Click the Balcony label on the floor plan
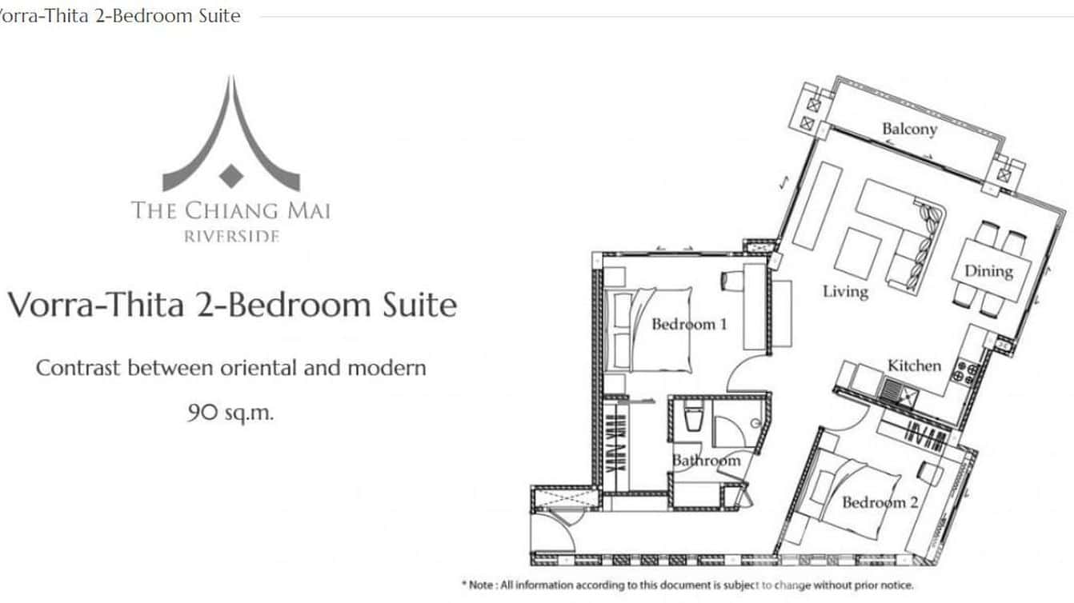click(x=910, y=130)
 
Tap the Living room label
click(x=845, y=291)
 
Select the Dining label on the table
click(x=988, y=271)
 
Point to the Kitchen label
click(x=914, y=366)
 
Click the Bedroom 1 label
click(x=690, y=324)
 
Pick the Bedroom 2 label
click(x=880, y=502)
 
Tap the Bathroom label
click(x=706, y=461)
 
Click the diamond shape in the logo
click(x=231, y=176)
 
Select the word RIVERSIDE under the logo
click(x=231, y=236)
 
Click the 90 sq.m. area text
click(x=230, y=412)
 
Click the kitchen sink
click(x=892, y=389)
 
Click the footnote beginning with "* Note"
click(x=687, y=585)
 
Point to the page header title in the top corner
click(x=120, y=16)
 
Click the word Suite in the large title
click(x=419, y=305)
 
